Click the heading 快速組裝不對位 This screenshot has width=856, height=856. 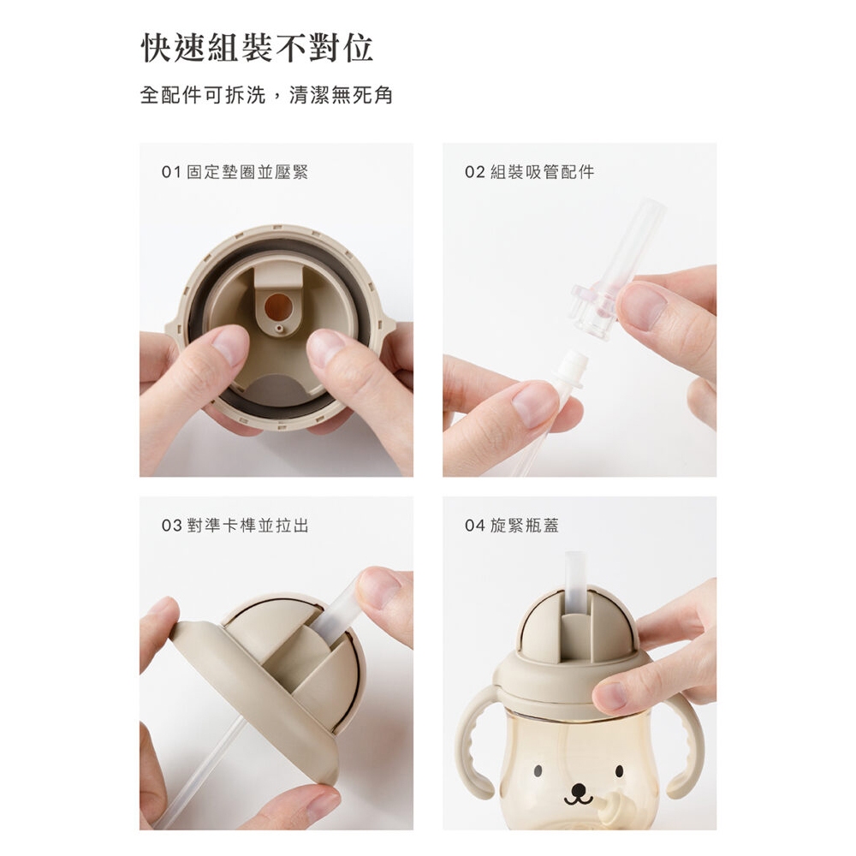[x=257, y=49]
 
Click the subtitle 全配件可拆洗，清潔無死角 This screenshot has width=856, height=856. [x=266, y=95]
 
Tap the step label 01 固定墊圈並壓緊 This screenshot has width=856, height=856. [x=235, y=173]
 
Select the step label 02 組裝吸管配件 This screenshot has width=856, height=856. [x=530, y=173]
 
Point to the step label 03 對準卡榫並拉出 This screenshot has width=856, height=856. [x=235, y=526]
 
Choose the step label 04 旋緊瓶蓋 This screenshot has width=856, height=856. [x=512, y=526]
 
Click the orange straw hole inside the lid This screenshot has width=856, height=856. [x=277, y=306]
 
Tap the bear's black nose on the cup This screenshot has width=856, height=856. [x=578, y=789]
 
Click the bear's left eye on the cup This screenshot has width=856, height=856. [x=538, y=771]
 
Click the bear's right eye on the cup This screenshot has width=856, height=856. [x=619, y=771]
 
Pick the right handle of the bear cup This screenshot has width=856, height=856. [x=686, y=749]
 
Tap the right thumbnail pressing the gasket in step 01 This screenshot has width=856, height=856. [x=325, y=348]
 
